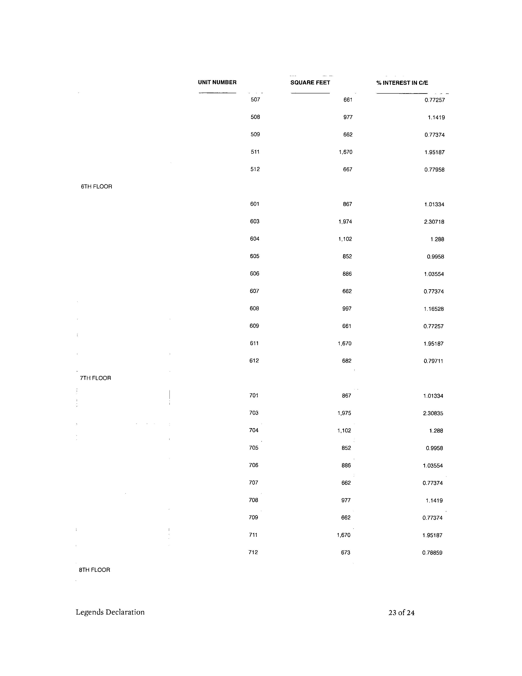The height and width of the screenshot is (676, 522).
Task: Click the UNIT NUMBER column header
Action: click(217, 82)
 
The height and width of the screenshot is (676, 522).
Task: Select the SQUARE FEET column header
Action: click(310, 83)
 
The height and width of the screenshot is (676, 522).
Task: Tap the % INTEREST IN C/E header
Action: click(402, 83)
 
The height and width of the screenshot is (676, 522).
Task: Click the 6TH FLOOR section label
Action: click(96, 187)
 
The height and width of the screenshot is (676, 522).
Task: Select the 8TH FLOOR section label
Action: click(95, 570)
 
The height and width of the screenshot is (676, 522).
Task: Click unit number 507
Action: click(255, 100)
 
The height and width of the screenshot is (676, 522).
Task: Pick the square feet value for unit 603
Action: click(345, 222)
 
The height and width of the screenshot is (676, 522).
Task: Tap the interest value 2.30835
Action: click(433, 413)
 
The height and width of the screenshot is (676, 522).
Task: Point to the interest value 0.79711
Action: click(433, 361)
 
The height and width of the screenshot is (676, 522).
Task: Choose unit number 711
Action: click(253, 535)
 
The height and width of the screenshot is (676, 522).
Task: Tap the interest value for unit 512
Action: click(434, 170)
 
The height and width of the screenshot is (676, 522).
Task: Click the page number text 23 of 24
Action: click(401, 612)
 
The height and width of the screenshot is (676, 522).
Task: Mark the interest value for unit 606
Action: click(434, 274)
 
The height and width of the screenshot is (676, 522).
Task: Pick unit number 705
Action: click(254, 448)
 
